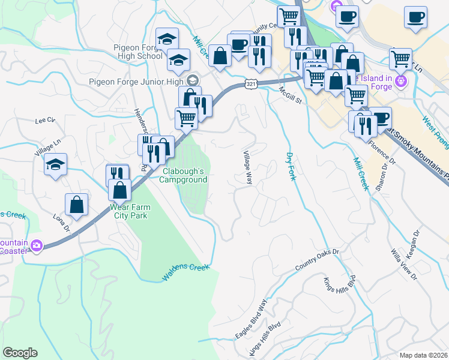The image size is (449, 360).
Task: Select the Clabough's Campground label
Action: click(185, 175)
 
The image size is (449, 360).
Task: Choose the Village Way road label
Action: click(247, 167)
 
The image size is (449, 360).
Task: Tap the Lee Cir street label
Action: click(45, 120)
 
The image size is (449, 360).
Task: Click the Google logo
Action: click(20, 353)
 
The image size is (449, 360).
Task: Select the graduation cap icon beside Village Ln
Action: click(55, 165)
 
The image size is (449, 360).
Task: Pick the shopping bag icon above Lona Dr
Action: click(77, 205)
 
